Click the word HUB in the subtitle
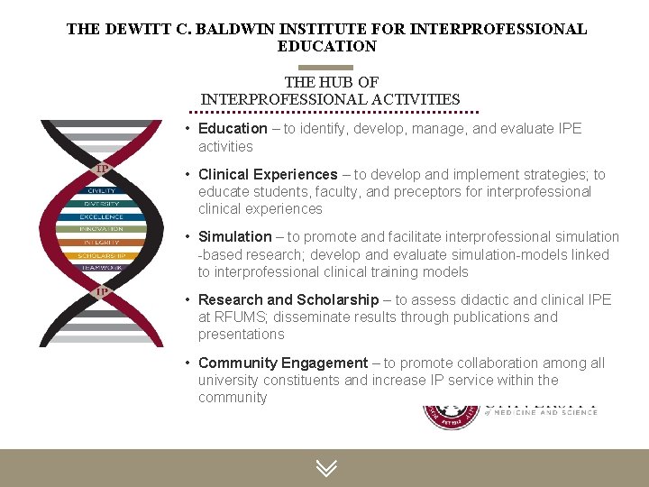tap(339, 82)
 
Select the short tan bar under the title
tap(325, 67)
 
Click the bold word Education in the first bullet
tap(233, 129)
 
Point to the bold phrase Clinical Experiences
tap(268, 174)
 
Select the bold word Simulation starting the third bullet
tap(234, 237)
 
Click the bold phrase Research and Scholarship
tap(288, 299)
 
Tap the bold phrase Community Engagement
tap(283, 363)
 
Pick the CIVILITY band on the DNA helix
tap(101, 190)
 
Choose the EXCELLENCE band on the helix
tap(101, 216)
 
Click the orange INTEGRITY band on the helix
tap(101, 243)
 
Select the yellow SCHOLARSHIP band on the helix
tap(101, 255)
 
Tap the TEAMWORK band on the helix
tap(101, 268)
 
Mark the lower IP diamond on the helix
tap(103, 291)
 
